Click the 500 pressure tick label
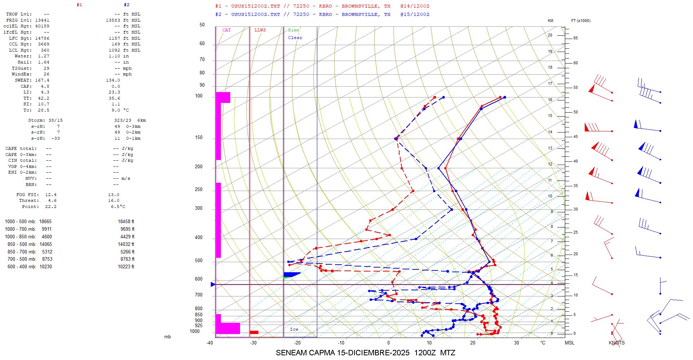point(199,261)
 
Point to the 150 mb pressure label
point(199,138)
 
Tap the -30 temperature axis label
point(253,343)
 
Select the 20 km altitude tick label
point(550,35)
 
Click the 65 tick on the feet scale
point(575,38)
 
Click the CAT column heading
point(226,30)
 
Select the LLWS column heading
point(260,30)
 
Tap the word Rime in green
point(293,30)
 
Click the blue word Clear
point(295,38)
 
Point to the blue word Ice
point(294,329)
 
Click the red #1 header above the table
point(79,5)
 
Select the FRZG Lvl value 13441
point(42,20)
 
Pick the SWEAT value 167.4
point(42,80)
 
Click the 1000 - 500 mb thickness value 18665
point(45,222)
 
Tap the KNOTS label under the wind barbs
point(616,343)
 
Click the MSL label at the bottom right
point(570,343)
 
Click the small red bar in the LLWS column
point(254,332)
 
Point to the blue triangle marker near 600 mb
point(213,285)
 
